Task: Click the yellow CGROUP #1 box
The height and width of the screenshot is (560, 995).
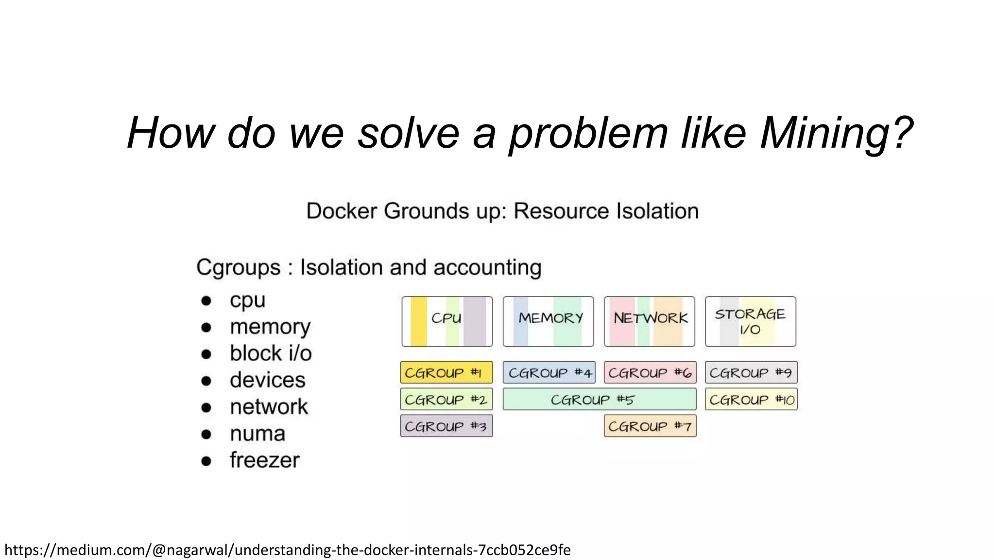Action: point(446,372)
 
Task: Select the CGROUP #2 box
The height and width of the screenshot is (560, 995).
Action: point(446,399)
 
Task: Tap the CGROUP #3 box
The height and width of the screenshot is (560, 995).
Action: point(446,426)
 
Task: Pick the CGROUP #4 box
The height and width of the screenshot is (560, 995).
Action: point(549,372)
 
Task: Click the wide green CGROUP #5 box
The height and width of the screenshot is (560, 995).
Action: point(599,399)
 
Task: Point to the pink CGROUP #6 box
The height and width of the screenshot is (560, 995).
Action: point(650,372)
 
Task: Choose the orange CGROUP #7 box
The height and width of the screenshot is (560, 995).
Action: point(650,426)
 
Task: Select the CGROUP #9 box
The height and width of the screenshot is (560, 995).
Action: point(751,372)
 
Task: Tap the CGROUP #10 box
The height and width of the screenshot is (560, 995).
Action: point(751,399)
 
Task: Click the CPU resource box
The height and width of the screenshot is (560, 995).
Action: point(447,321)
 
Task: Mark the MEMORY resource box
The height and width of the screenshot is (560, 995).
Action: point(548,321)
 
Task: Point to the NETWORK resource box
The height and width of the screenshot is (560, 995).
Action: point(649,321)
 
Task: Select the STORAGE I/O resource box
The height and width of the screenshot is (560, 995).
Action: point(750,321)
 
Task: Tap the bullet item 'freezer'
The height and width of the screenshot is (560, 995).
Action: point(264,460)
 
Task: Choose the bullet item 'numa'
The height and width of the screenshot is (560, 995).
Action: point(257,433)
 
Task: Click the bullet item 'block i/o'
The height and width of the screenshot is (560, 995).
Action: point(271,353)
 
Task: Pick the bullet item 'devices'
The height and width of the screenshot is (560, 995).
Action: point(267,380)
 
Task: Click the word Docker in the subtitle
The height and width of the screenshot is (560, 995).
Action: point(342,211)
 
